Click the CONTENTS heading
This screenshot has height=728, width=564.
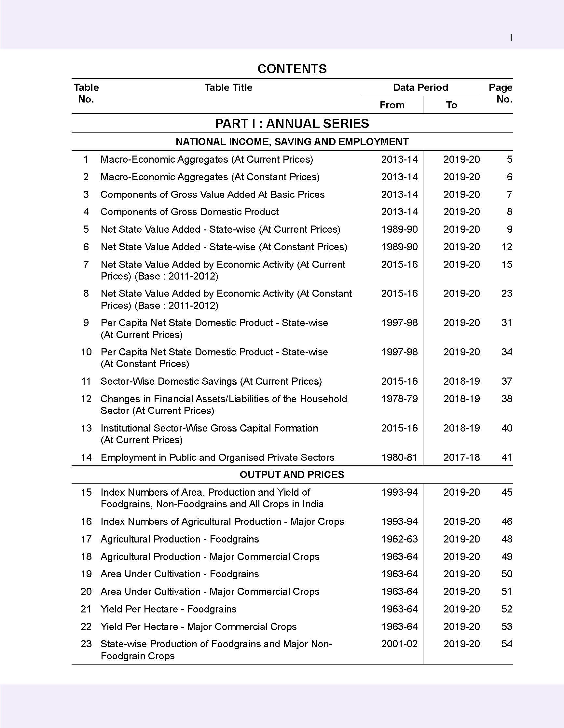pos(292,69)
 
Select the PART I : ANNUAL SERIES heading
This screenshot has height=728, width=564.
pos(292,124)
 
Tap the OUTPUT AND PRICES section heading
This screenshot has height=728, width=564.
pos(292,475)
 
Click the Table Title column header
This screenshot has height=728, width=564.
pos(228,88)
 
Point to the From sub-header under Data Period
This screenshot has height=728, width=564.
pos(392,105)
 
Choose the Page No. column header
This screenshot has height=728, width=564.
pos(500,93)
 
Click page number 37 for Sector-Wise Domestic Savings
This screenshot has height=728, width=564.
pos(507,381)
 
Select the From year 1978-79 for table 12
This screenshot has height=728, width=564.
pos(399,399)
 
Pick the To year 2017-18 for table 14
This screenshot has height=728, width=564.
pos(461,457)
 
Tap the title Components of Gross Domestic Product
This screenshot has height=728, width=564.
pos(189,212)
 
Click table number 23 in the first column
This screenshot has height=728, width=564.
pos(86,644)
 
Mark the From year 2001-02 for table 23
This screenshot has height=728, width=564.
pos(399,644)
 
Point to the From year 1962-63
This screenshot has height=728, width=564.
pos(399,539)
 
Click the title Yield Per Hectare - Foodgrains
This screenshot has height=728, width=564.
pos(168,609)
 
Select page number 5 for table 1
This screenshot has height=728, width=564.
pos(509,159)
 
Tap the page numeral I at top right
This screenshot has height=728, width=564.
pos(511,38)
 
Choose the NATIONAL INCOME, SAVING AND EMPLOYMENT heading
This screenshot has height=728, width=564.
pos(292,142)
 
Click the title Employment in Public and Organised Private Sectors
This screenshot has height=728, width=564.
pos(217,457)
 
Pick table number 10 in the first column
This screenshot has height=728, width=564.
pos(86,352)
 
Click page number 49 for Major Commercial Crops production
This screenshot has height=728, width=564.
pos(507,557)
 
